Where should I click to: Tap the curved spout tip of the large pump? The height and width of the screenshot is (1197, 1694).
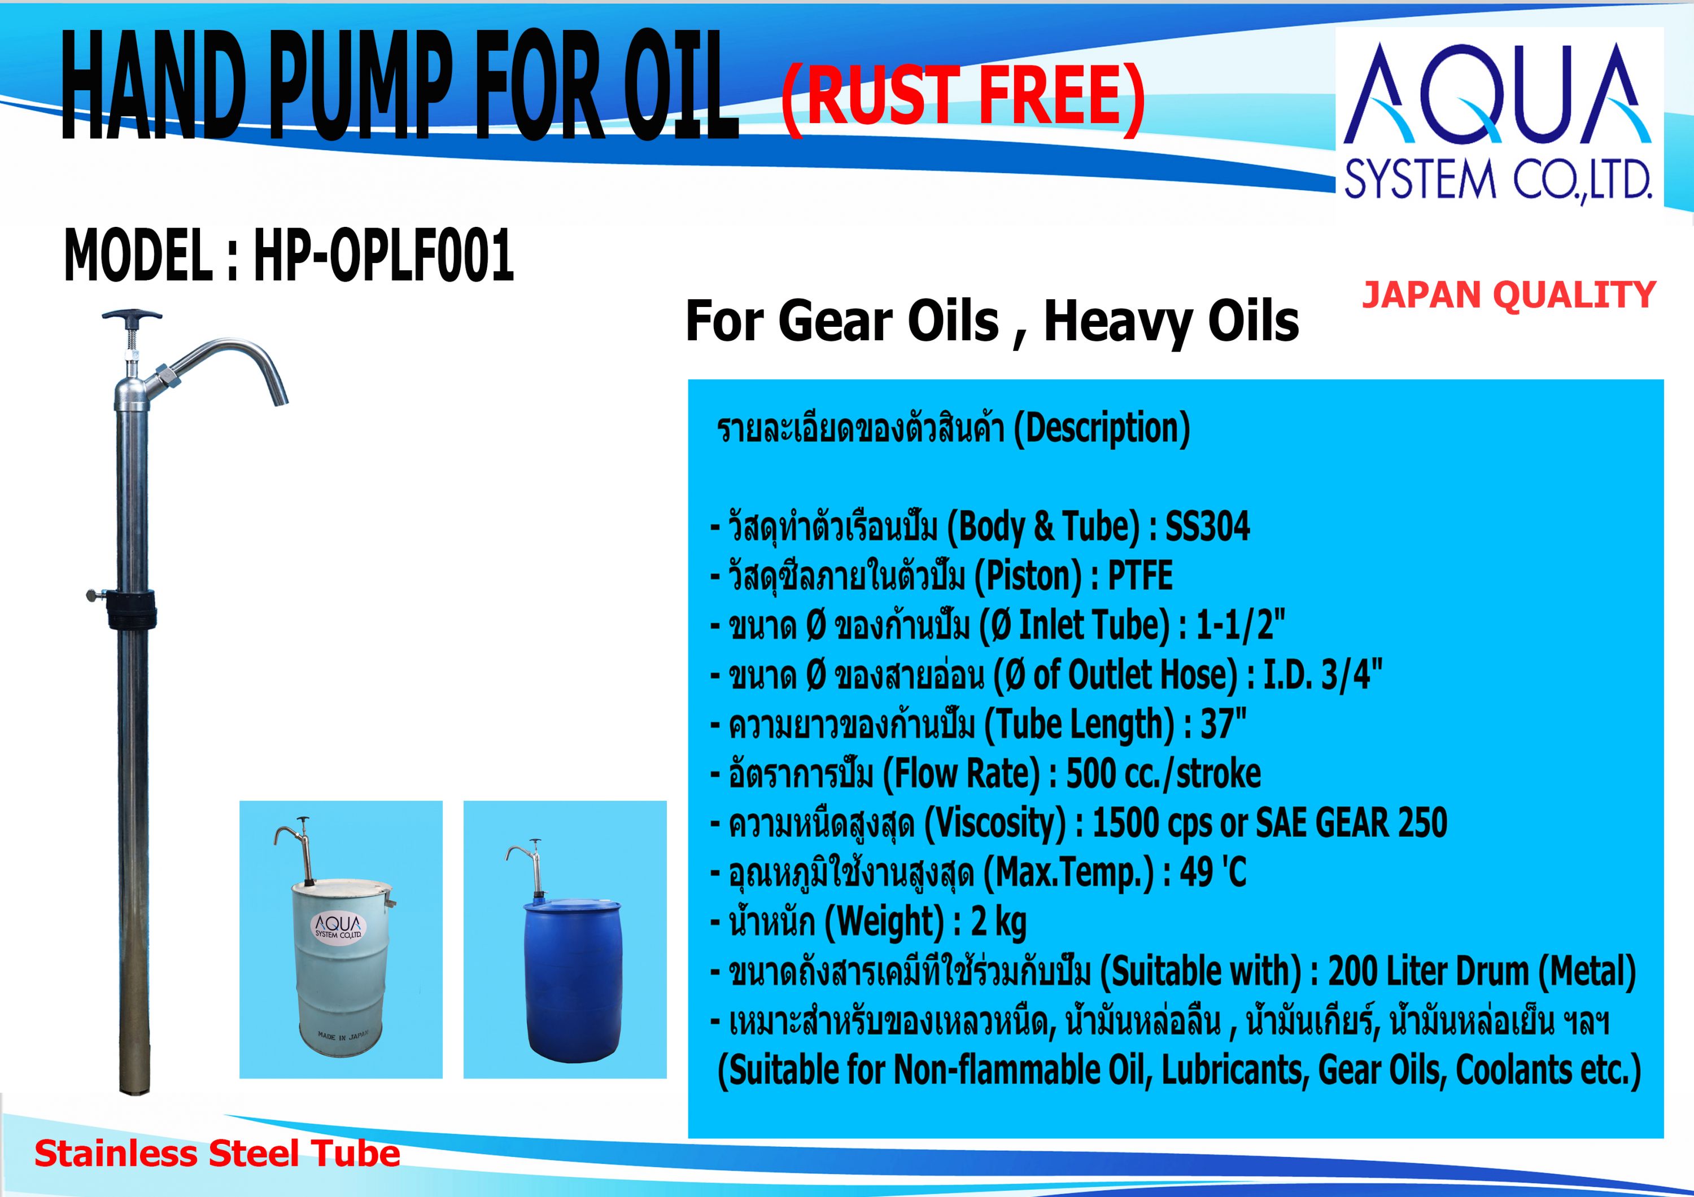pyautogui.click(x=280, y=398)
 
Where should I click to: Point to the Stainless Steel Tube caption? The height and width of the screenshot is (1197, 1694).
pyautogui.click(x=217, y=1154)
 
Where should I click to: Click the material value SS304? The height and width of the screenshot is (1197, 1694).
pyautogui.click(x=1208, y=527)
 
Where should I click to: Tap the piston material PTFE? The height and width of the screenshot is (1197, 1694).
pyautogui.click(x=1140, y=576)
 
